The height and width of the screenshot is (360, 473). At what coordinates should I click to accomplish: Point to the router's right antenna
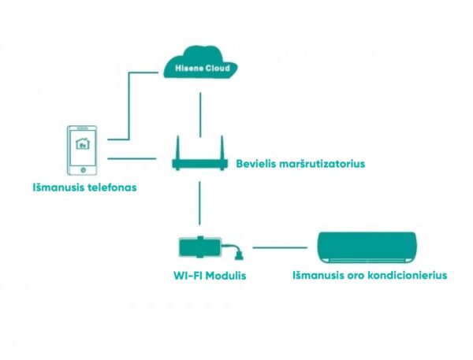[x=222, y=147]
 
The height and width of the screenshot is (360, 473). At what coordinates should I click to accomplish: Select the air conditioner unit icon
[x=366, y=247]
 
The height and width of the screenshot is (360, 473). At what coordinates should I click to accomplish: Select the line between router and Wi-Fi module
[x=200, y=202]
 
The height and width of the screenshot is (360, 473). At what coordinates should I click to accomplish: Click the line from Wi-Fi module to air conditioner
[x=280, y=247]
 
